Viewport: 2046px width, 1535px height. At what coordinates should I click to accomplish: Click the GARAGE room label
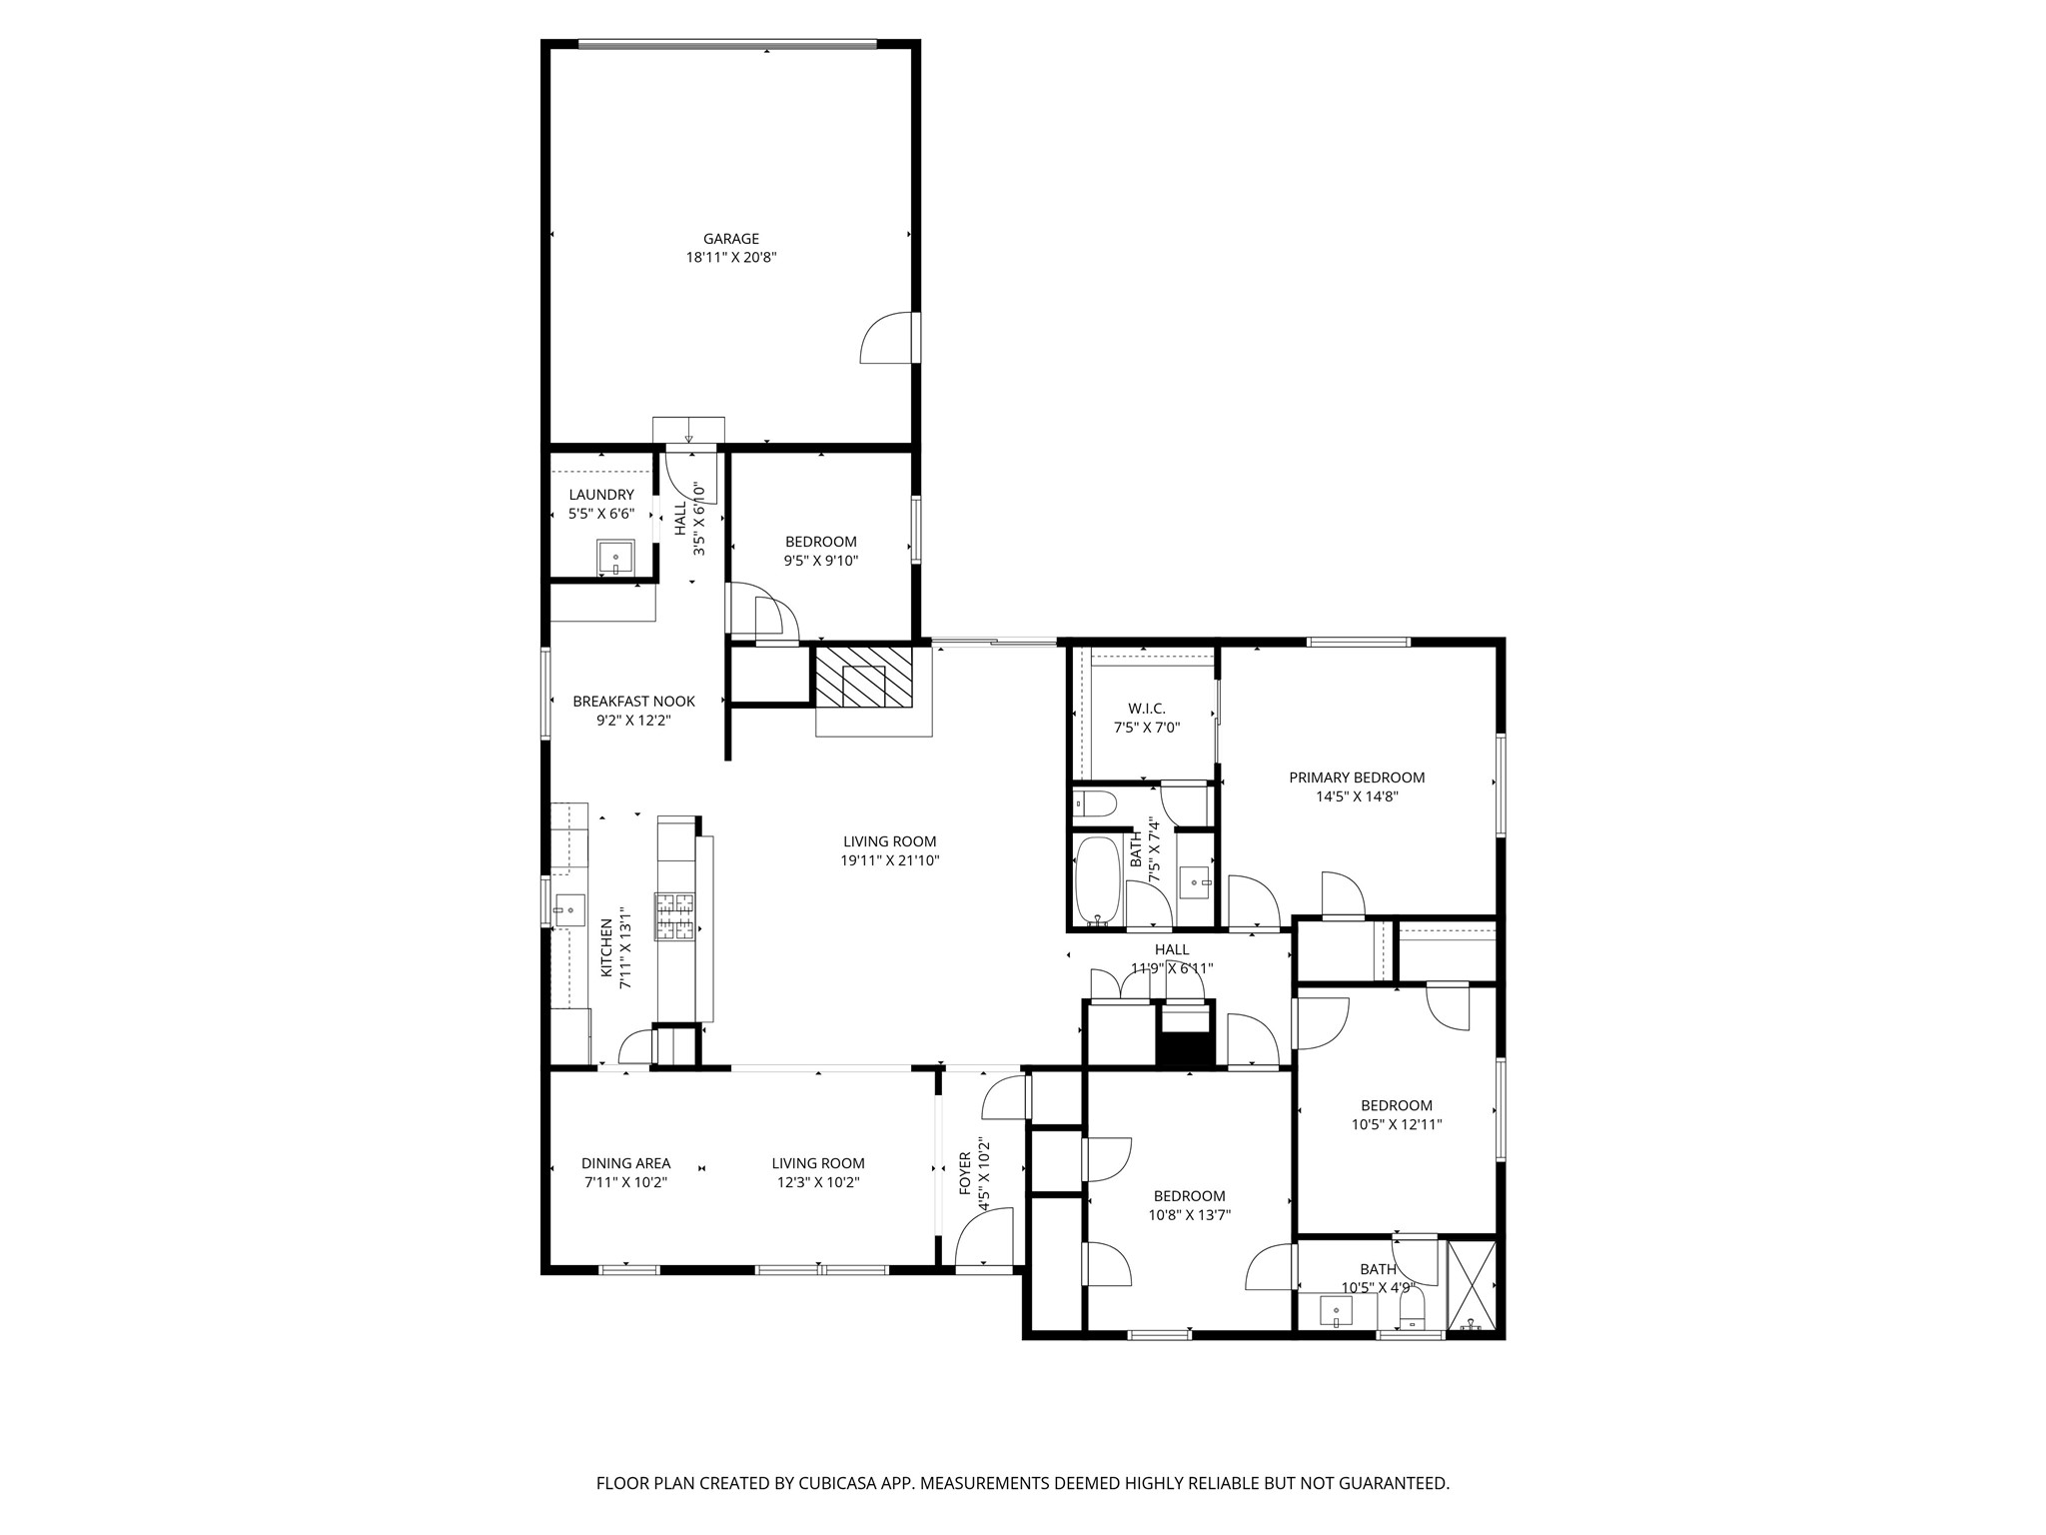730,239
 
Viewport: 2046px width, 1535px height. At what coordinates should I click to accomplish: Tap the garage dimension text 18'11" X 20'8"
730,258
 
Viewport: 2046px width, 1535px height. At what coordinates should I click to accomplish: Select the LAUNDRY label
601,495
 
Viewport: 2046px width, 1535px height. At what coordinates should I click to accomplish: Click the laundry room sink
615,557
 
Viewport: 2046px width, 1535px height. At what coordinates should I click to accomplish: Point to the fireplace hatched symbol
863,678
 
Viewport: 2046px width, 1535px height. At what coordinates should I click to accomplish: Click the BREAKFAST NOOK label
633,702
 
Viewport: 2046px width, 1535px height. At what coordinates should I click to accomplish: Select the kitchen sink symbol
569,909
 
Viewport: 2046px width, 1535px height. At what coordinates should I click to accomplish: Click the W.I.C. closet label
1146,709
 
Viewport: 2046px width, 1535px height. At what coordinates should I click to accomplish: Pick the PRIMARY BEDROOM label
1356,777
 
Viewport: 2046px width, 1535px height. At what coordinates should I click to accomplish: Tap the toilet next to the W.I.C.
1089,802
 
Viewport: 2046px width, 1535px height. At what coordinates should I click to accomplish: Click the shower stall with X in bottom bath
1472,1285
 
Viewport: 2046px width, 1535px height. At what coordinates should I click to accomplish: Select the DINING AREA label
625,1163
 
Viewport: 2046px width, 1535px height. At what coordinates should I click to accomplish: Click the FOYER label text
965,1172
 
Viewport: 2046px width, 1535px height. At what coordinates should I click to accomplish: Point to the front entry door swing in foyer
984,1239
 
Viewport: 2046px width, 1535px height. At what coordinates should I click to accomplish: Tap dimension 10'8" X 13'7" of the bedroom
1189,1215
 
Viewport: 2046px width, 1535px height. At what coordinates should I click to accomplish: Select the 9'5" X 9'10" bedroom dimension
820,561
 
